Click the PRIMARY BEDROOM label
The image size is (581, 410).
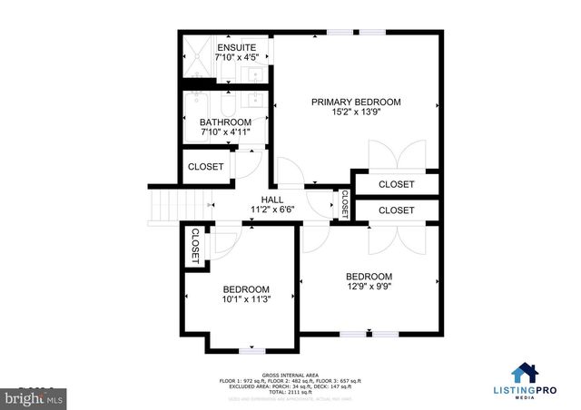click(356, 102)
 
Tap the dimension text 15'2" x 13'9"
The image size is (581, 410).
click(356, 114)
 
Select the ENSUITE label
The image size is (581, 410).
click(235, 47)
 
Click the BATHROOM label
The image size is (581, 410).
click(225, 122)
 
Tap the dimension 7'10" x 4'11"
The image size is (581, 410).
click(225, 133)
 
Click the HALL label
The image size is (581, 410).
click(272, 200)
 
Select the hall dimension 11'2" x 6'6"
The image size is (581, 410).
click(272, 210)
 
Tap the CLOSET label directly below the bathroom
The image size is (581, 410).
click(206, 167)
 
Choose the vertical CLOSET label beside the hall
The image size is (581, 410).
click(344, 203)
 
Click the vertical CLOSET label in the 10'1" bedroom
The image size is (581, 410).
click(195, 245)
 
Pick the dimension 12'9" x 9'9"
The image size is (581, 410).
click(369, 288)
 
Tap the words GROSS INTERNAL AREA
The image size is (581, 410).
click(290, 374)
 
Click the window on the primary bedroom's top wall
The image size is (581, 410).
click(341, 34)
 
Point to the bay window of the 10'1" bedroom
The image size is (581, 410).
click(251, 349)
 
